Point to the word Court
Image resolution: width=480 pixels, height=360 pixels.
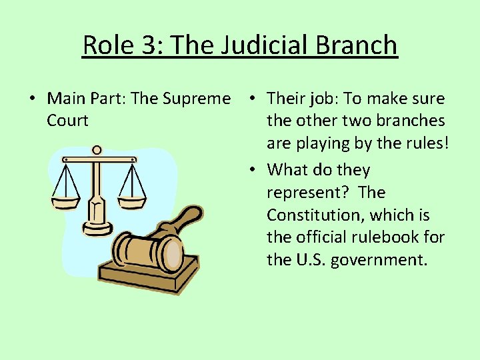point(67,121)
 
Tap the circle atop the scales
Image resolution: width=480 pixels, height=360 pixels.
point(98,151)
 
